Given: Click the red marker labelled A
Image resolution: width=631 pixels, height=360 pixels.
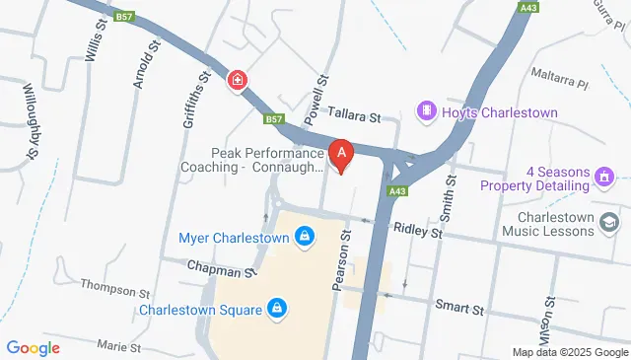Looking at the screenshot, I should click(x=341, y=156).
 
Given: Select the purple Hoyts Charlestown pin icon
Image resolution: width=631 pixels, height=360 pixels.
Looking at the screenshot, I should click(x=427, y=111).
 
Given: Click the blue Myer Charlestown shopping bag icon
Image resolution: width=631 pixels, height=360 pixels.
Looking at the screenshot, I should click(x=305, y=237).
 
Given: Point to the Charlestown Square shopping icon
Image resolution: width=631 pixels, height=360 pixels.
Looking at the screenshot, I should click(x=277, y=310).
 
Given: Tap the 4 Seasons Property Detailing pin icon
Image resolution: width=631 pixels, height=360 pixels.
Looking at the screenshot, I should click(x=602, y=179).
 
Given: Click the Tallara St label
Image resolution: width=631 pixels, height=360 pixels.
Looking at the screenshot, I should click(x=354, y=117).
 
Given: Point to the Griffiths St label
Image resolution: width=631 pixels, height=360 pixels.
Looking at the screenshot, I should click(x=197, y=100).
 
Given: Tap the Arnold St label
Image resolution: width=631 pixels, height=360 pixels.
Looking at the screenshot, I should click(x=146, y=64).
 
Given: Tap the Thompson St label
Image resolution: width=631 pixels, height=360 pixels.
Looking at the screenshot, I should click(x=115, y=292).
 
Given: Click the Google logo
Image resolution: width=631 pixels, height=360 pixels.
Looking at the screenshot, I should click(x=33, y=347).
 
